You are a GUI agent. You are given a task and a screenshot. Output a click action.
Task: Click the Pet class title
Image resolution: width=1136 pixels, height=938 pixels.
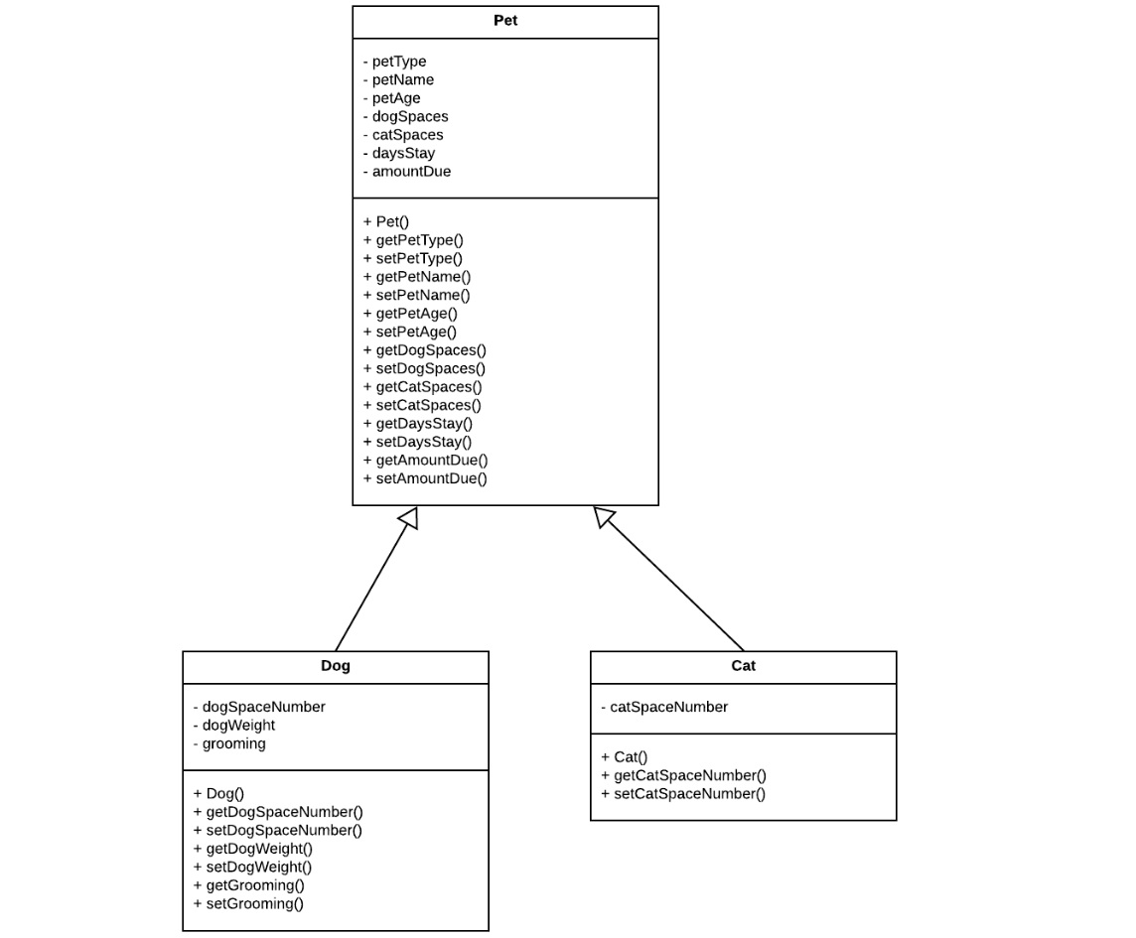[504, 21]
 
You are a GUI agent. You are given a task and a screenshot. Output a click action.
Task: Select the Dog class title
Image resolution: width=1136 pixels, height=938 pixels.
[335, 666]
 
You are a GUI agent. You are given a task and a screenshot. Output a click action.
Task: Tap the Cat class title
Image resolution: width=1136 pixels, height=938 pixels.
[743, 666]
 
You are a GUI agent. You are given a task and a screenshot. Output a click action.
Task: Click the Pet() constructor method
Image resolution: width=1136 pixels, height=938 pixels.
[386, 222]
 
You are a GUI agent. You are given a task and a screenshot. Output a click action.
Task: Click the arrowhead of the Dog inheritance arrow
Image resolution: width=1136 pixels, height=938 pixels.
[409, 517]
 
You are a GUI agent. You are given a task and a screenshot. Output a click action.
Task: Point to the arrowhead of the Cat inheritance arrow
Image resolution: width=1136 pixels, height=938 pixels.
[604, 516]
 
